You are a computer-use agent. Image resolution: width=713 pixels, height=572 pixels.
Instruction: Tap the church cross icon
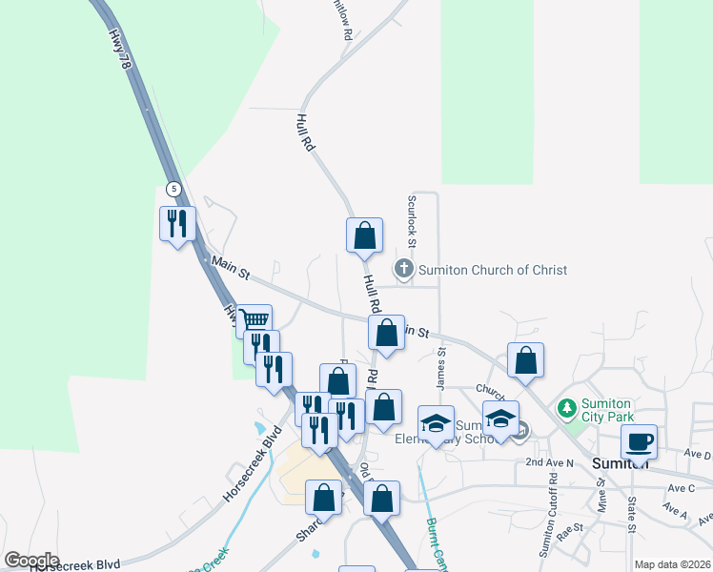tap(404, 269)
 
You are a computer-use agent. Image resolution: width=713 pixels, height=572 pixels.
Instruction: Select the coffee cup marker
tap(639, 441)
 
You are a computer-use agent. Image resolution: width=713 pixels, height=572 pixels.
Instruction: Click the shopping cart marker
tap(255, 320)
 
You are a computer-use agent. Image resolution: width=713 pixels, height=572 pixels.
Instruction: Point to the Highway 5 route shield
tap(173, 189)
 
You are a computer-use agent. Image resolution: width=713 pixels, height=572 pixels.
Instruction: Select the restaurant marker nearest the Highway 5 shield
tap(177, 224)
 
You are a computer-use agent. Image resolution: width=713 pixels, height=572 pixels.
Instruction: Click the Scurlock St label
tap(413, 215)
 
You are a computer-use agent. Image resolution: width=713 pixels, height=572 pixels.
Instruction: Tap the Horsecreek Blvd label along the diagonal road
tap(254, 466)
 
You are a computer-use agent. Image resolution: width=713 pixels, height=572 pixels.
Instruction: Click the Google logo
tap(31, 560)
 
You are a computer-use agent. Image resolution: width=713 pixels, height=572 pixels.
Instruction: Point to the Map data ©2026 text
tap(672, 564)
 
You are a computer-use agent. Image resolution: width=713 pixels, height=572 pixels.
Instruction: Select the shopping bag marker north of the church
tap(364, 235)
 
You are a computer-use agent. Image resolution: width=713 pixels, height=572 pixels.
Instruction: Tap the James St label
tap(441, 367)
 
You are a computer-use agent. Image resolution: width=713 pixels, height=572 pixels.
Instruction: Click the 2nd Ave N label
tap(550, 462)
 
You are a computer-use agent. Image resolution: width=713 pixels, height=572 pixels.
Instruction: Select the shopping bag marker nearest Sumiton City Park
tap(525, 360)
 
